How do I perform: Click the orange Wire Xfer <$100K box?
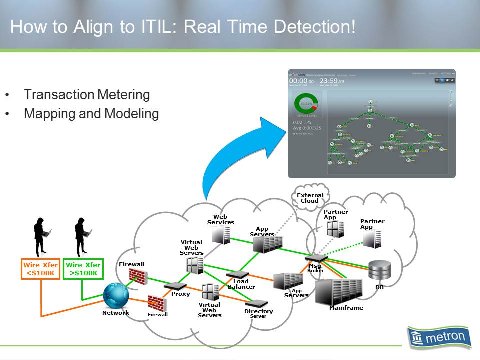pos(41,269)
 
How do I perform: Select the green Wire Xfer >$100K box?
pos(83,269)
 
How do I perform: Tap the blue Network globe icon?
pos(116,296)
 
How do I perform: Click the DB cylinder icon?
pos(379,271)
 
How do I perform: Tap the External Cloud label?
pos(310,198)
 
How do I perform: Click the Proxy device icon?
pos(175,286)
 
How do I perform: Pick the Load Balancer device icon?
pos(237,275)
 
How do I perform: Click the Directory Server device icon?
pos(258,303)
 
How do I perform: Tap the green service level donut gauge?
pos(306,105)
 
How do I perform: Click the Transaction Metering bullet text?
pos(86,95)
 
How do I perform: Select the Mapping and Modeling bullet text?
pos(91,114)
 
